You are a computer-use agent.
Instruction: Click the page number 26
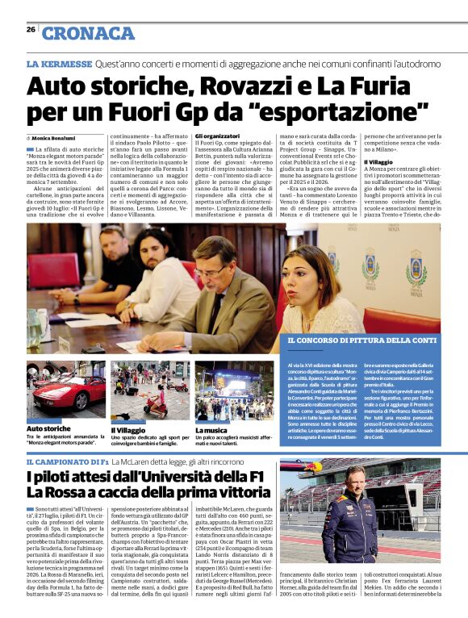point(31,29)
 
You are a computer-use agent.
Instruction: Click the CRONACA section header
point(88,33)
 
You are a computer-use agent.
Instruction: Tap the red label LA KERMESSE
point(59,63)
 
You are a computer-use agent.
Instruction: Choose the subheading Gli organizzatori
point(219,136)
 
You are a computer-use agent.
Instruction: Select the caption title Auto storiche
point(48,428)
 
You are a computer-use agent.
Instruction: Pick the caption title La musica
point(209,432)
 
